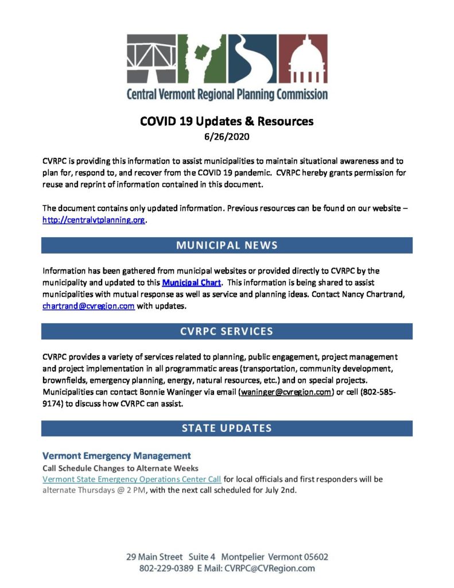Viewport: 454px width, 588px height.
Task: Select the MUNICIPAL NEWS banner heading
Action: [x=227, y=245]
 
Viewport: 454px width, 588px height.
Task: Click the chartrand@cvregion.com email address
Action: [x=88, y=306]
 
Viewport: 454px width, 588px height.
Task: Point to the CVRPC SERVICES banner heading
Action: [x=227, y=331]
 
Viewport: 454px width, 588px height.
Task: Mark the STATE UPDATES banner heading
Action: [x=227, y=428]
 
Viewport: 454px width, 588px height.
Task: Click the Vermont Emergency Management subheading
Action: [x=117, y=456]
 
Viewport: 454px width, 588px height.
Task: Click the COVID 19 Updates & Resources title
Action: [x=227, y=121]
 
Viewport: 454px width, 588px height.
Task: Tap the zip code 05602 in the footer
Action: [x=314, y=557]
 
